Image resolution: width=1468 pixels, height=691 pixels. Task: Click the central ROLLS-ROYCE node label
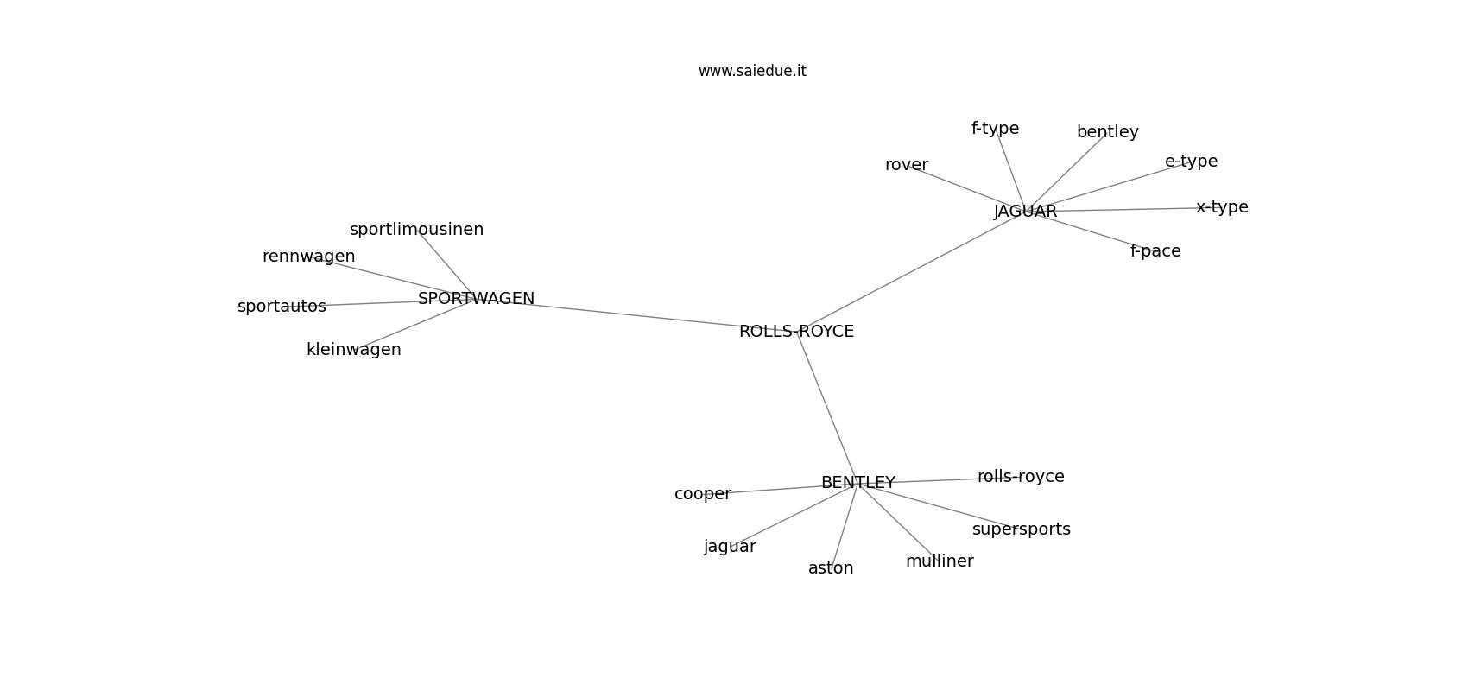796,332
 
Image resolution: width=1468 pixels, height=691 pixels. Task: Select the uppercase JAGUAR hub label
1025,212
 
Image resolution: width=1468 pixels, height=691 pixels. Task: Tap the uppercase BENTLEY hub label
857,483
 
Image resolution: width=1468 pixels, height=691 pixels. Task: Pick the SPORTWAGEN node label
477,299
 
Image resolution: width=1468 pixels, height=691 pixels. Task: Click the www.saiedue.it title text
752,72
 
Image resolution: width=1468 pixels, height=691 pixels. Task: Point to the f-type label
995,129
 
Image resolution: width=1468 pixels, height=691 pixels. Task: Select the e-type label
1192,162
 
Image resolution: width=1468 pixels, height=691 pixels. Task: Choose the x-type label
1222,207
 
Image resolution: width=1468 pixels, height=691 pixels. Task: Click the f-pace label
1155,251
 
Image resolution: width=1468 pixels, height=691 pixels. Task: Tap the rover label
907,165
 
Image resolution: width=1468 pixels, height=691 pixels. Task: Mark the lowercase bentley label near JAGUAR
1108,132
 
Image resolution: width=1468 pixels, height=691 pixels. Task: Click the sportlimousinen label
417,230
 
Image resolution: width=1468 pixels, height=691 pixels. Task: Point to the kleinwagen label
354,350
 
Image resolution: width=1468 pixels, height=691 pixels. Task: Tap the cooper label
703,494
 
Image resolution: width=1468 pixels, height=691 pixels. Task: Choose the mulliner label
940,561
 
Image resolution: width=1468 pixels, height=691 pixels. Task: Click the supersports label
1021,529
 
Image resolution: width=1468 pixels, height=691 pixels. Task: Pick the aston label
831,568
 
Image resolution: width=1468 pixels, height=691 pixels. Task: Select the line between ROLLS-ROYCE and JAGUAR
911,271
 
